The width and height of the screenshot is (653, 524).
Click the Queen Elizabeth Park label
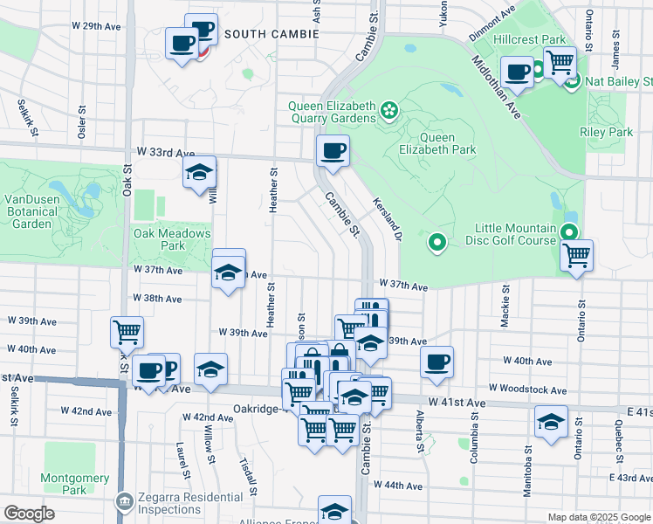[448, 143]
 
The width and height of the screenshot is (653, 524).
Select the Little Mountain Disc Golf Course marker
[569, 232]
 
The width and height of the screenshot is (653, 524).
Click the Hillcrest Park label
[528, 40]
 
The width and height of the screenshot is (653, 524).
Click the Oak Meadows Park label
[172, 239]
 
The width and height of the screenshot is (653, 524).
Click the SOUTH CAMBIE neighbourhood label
[271, 34]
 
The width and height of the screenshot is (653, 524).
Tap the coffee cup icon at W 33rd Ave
[333, 150]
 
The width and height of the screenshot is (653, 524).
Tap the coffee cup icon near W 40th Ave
[436, 362]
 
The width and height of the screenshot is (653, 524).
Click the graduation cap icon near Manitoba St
[550, 422]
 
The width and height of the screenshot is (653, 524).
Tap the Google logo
[29, 513]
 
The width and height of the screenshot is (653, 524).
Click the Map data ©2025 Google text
[598, 517]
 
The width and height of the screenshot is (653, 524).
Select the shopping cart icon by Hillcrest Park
[560, 62]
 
